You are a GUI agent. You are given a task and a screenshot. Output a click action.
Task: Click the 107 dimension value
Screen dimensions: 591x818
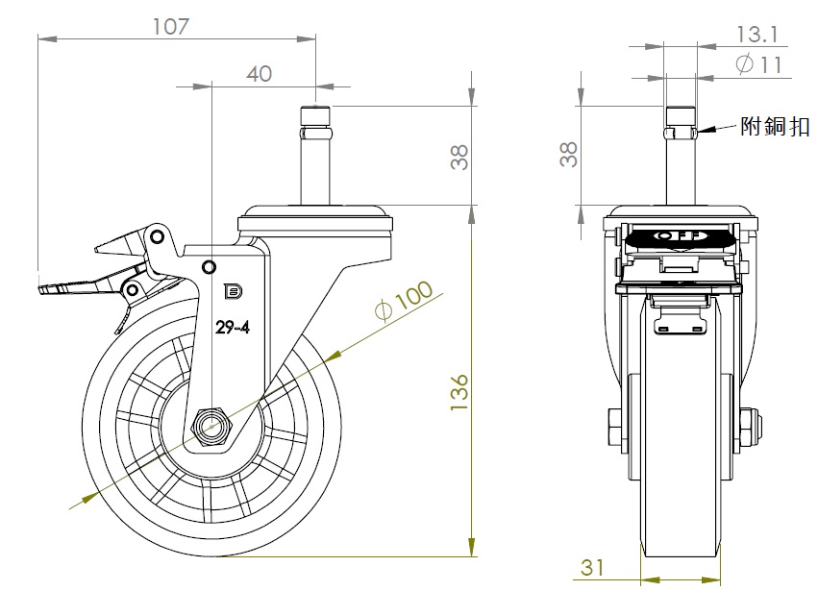click(x=170, y=26)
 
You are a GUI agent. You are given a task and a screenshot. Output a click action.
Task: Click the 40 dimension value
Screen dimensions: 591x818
click(x=259, y=73)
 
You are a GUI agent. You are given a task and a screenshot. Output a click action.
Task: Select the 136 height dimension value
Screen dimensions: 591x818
click(x=459, y=392)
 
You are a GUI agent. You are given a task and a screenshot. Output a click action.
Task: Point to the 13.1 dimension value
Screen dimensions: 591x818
click(x=756, y=35)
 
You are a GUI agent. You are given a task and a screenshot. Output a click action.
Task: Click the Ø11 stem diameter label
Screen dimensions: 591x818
click(x=758, y=64)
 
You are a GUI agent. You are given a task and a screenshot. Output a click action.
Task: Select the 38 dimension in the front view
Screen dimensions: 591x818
click(x=568, y=154)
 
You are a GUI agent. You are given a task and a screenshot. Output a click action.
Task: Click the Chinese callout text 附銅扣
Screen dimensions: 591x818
click(x=775, y=126)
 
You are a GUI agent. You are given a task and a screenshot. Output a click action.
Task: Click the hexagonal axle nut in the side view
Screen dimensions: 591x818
click(x=211, y=424)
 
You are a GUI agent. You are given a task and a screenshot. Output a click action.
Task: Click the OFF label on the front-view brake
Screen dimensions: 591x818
click(x=679, y=234)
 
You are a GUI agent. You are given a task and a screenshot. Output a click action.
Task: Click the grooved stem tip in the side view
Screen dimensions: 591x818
click(x=316, y=119)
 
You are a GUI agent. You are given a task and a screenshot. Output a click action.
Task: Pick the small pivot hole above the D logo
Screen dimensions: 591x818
click(x=209, y=264)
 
